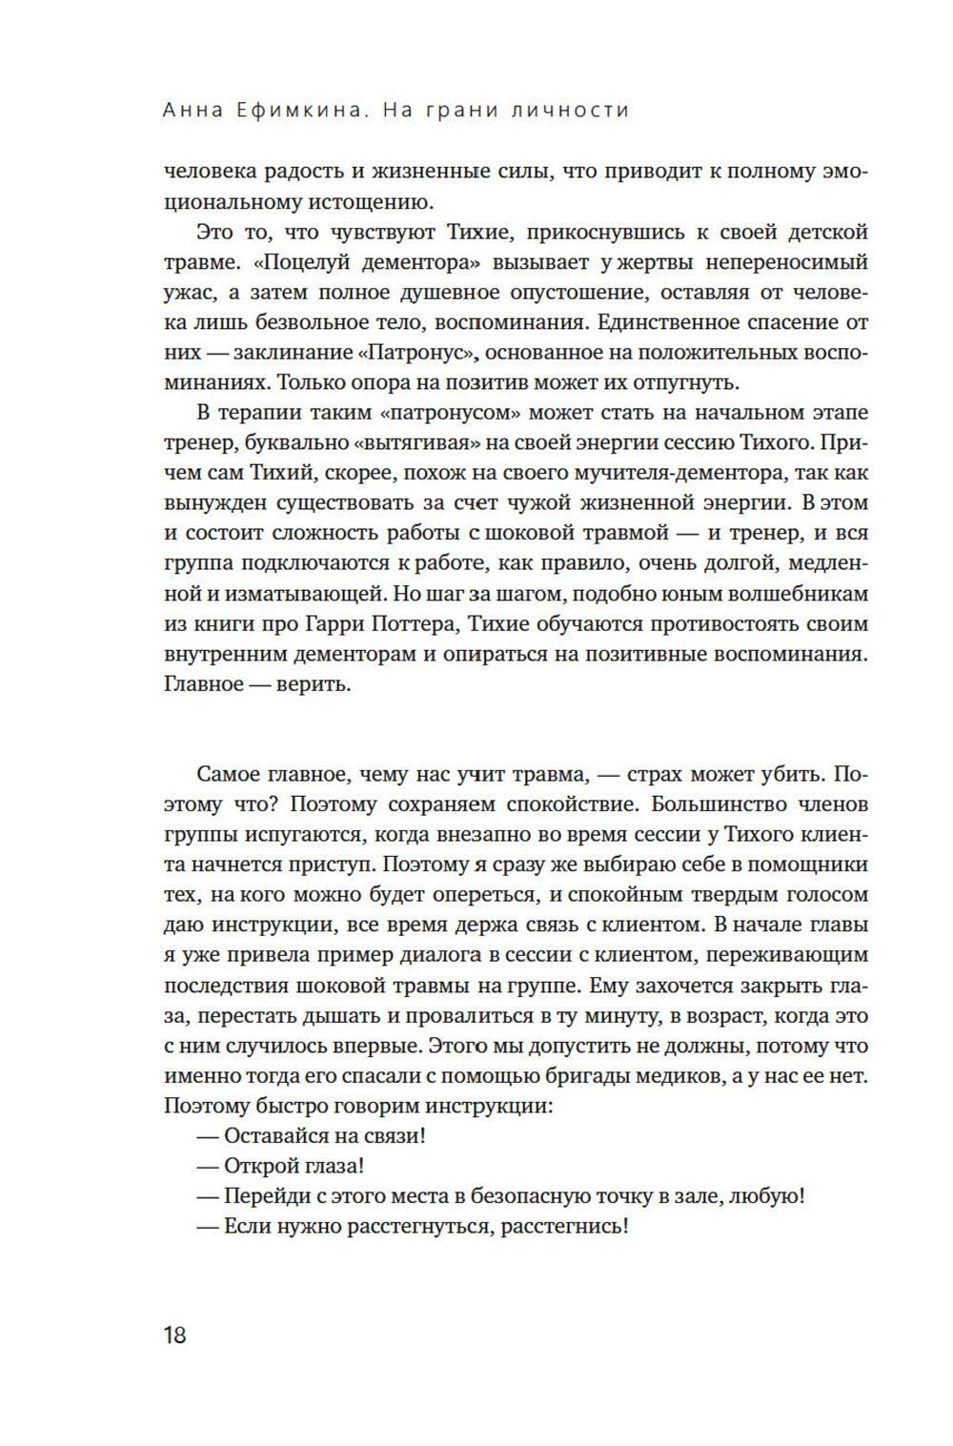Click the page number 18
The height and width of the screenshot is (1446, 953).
pyautogui.click(x=175, y=1334)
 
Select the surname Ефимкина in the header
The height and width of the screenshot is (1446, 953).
pyautogui.click(x=306, y=111)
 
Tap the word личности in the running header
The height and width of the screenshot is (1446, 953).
pyautogui.click(x=571, y=111)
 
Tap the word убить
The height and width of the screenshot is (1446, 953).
pyautogui.click(x=781, y=774)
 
